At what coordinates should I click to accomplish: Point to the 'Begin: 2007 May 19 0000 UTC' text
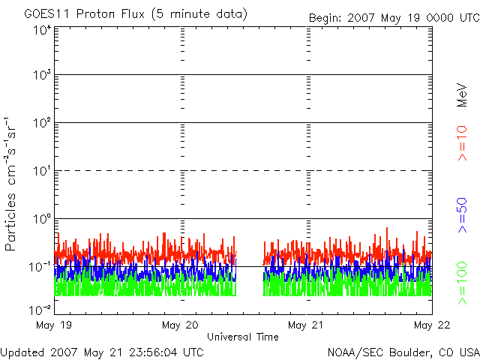[394, 18]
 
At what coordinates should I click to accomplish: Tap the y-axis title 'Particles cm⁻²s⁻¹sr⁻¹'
[10, 184]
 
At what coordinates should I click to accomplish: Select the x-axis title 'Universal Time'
[243, 337]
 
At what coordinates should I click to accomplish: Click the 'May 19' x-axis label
[54, 325]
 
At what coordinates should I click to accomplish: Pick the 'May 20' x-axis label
[180, 325]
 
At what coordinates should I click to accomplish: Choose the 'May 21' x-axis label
[305, 325]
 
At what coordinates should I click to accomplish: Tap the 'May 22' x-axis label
[432, 325]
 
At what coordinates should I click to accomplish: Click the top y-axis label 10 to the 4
[42, 31]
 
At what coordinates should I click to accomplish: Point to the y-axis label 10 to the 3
[42, 75]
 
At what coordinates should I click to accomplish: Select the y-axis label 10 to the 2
[42, 123]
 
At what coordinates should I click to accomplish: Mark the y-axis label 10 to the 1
[42, 171]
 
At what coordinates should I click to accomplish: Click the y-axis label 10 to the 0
[42, 219]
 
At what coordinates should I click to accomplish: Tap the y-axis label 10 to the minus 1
[40, 267]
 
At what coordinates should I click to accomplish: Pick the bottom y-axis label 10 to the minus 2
[40, 310]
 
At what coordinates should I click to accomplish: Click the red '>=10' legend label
[462, 143]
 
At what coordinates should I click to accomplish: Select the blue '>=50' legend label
[462, 215]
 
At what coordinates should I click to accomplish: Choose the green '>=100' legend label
[462, 283]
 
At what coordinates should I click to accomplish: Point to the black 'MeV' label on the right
[462, 95]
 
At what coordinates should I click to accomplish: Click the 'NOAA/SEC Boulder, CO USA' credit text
[403, 352]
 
